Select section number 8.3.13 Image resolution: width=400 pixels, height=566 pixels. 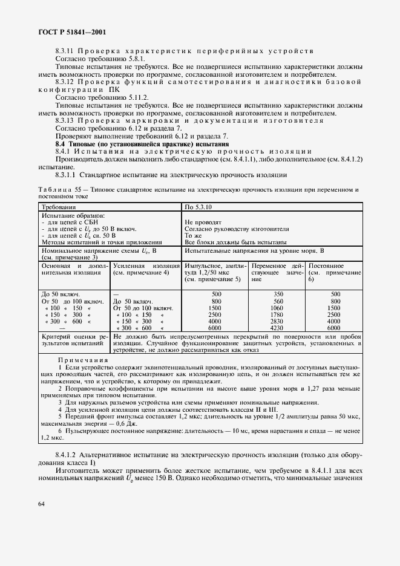pyautogui.click(x=66, y=120)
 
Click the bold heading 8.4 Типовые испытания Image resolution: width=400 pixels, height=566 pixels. pyautogui.click(x=142, y=144)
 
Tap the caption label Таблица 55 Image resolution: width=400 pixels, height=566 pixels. pyautogui.click(x=61, y=190)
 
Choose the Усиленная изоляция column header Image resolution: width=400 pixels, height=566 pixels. pyautogui.click(x=146, y=269)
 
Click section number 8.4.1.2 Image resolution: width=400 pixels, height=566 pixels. pyautogui.click(x=70, y=454)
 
